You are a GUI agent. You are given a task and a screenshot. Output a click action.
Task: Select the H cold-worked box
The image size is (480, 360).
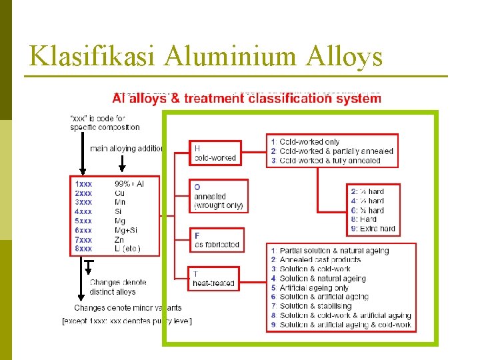point(216,153)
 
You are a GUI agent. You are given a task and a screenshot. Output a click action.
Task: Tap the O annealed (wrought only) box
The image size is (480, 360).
point(219,196)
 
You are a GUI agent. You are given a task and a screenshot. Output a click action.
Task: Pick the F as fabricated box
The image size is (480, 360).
point(217,240)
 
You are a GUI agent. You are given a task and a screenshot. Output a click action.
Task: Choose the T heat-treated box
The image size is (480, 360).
point(214,279)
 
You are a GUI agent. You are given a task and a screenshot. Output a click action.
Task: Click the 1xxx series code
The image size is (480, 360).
point(84,183)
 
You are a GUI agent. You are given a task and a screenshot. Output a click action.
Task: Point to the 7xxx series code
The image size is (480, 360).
point(84,239)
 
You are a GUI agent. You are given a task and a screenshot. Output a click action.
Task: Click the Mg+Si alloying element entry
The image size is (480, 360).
point(127,230)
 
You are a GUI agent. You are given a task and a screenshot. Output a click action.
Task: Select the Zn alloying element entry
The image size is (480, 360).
point(119,239)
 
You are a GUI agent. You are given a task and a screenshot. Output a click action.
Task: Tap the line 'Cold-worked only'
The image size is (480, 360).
point(309,142)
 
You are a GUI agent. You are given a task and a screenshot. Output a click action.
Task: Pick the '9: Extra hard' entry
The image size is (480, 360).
point(373,229)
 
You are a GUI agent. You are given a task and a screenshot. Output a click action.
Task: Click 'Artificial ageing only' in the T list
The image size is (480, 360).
point(313,288)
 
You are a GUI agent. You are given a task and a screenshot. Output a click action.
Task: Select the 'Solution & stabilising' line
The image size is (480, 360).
point(314,306)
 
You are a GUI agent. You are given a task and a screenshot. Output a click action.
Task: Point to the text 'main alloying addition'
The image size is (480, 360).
point(127,149)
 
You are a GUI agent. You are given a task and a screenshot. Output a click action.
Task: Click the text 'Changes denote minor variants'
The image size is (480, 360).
point(127,308)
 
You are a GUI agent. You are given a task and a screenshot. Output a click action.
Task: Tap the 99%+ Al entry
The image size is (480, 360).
point(129,183)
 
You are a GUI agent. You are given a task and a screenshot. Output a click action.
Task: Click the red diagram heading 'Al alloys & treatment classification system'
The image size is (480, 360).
point(247,99)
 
